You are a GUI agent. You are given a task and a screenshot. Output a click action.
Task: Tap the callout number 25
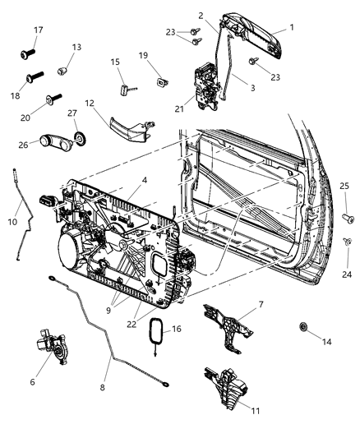click(x=345, y=187)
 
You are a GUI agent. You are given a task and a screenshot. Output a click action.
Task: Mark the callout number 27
click(x=73, y=113)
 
